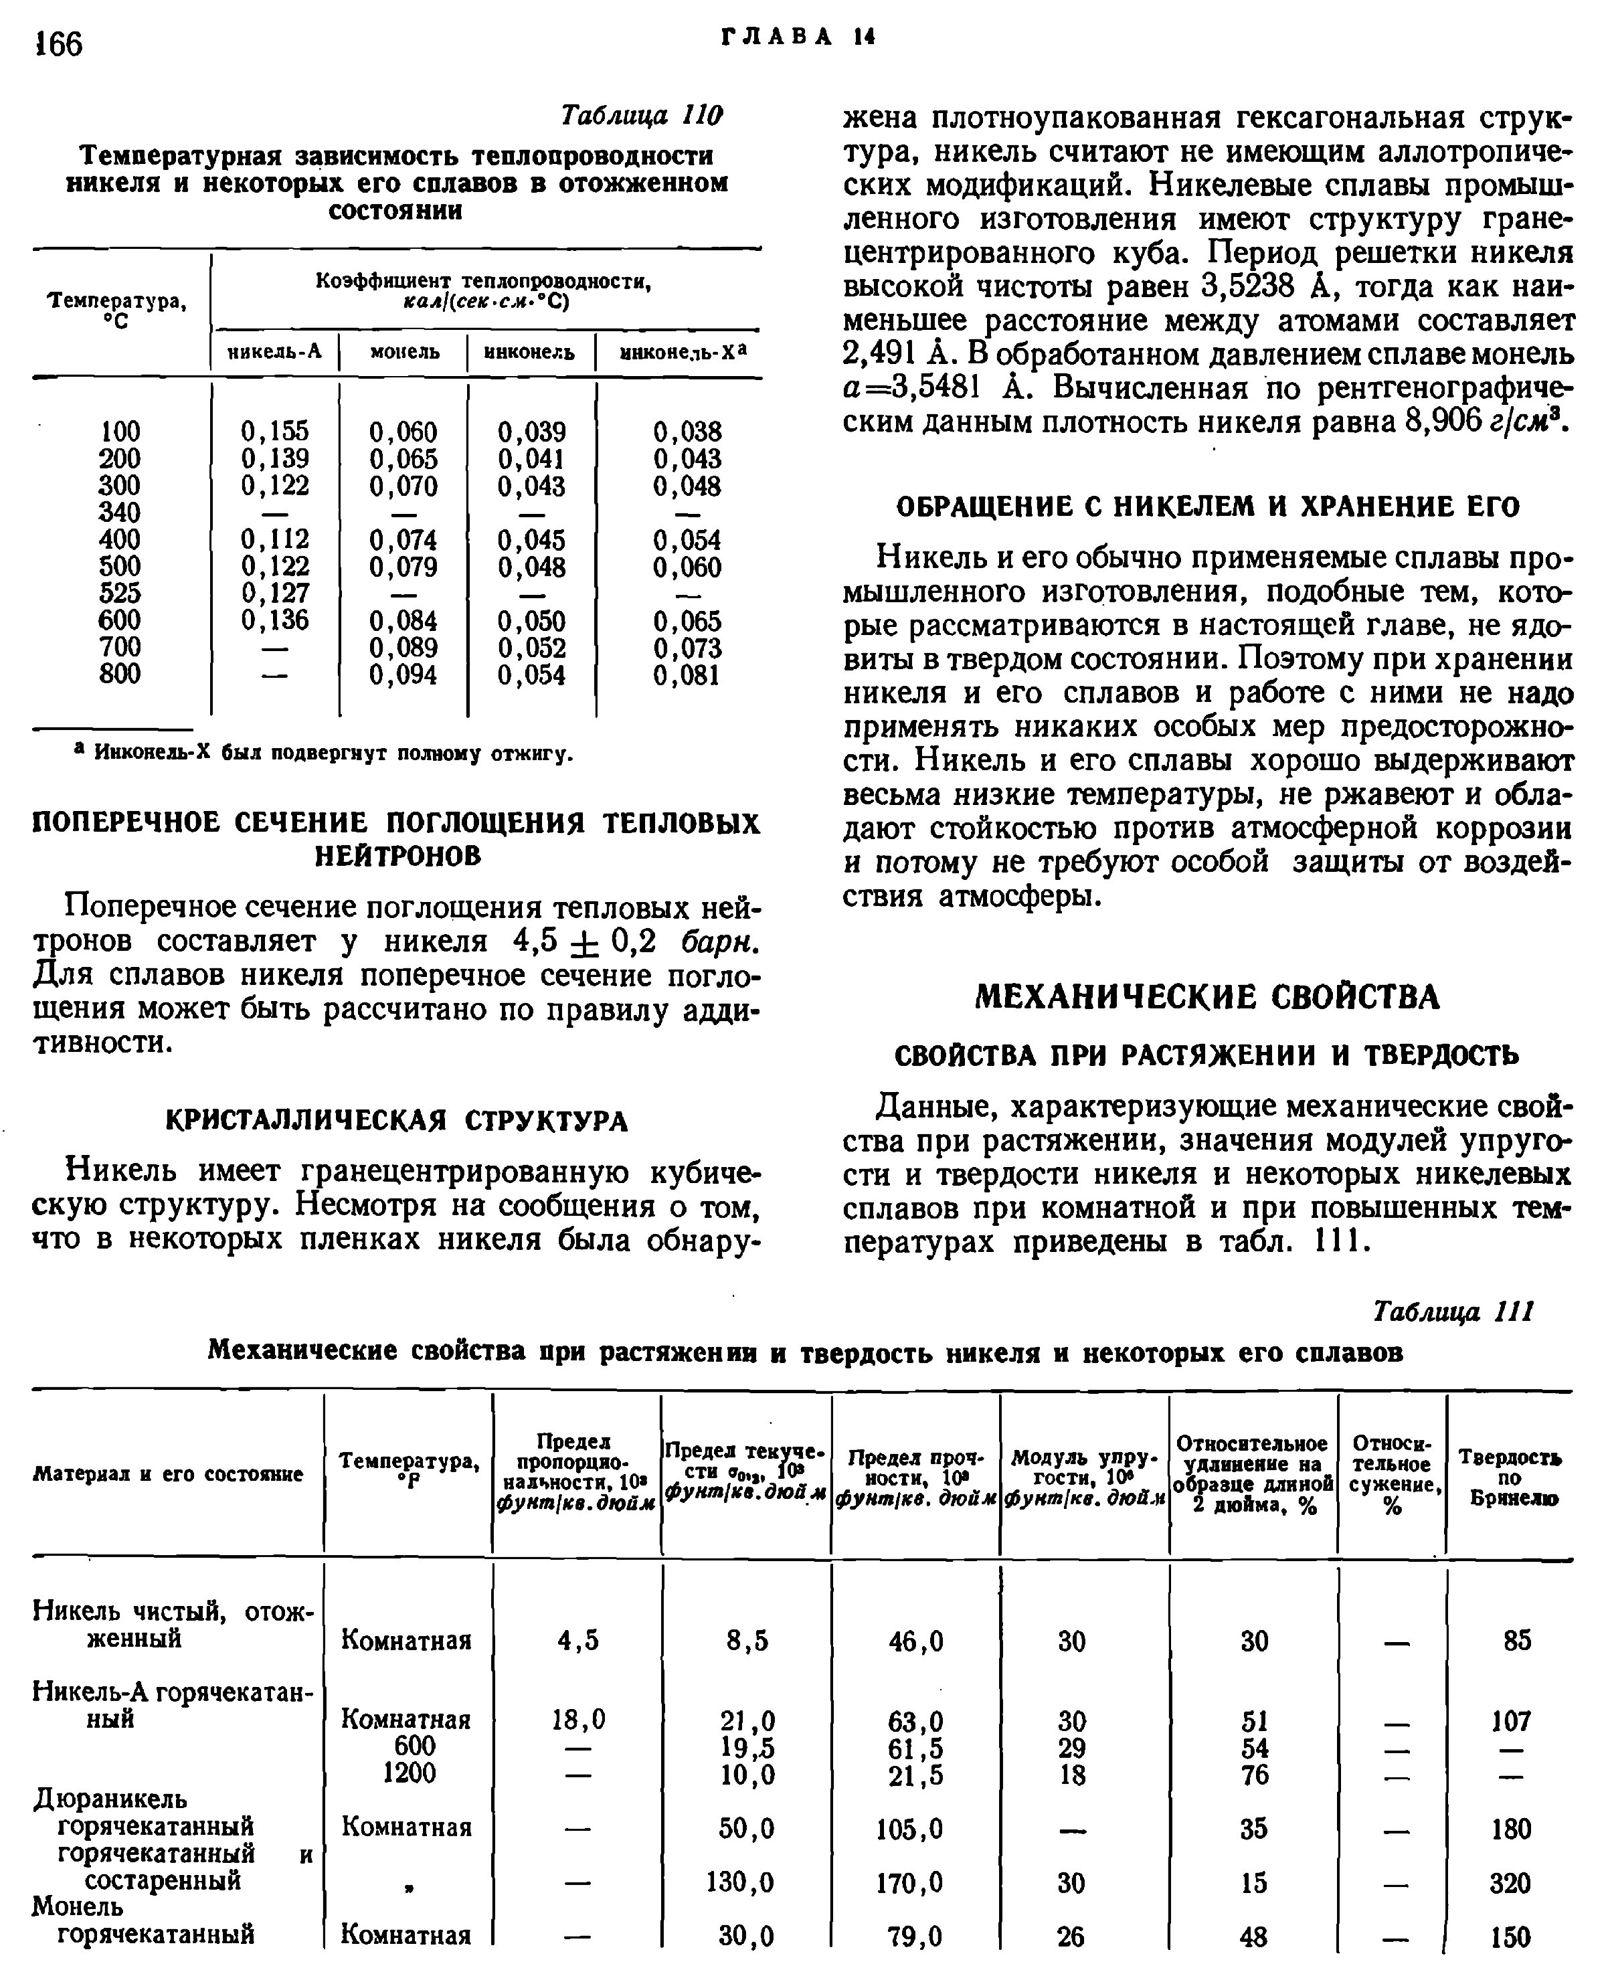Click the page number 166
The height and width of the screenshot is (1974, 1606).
click(58, 43)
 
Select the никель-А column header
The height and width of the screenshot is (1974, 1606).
click(275, 353)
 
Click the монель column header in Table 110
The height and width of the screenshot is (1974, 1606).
click(404, 353)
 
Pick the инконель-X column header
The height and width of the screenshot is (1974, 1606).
click(683, 353)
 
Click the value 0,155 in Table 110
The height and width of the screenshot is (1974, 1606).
click(275, 431)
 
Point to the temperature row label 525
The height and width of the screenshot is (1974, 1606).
click(120, 592)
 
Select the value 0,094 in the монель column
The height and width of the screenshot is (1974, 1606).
click(404, 675)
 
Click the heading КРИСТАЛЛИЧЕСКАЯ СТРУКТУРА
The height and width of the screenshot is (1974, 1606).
click(397, 1120)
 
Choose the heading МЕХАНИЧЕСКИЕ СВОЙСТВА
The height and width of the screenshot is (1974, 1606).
click(1209, 997)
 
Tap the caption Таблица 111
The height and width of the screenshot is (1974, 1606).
click(1453, 1311)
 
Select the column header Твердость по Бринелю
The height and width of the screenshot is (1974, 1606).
click(1510, 1477)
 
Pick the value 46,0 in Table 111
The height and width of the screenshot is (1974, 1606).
click(916, 1641)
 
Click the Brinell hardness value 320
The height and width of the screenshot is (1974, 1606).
click(1510, 1884)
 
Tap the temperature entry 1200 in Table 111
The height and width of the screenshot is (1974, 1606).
click(409, 1773)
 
